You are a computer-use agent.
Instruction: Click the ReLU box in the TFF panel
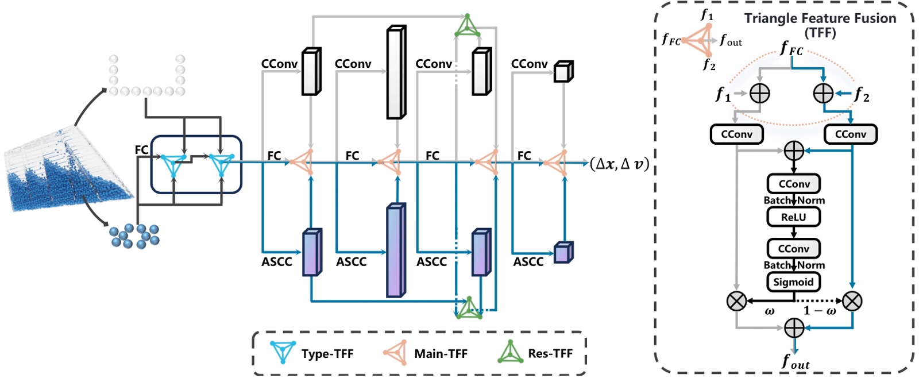pos(793,217)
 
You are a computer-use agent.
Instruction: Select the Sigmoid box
pos(793,282)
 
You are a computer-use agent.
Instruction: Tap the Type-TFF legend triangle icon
pos(283,352)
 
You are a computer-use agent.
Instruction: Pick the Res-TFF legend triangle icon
pos(510,352)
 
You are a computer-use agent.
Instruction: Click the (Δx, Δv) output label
pos(619,164)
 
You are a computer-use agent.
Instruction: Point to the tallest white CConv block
pos(396,72)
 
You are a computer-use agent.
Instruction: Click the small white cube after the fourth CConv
pos(563,72)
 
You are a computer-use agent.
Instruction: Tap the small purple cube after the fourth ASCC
pos(563,253)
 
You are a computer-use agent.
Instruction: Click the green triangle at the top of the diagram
pos(467,26)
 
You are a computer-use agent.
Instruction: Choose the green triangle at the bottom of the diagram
pos(469,308)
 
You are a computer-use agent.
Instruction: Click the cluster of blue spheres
pos(134,236)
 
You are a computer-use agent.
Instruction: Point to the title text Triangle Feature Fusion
pos(820,19)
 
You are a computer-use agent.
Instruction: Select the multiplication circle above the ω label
pos(737,300)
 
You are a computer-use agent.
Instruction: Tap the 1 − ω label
pos(819,311)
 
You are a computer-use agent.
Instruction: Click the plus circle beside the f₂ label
pos(823,93)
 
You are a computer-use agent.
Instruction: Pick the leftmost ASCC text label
pos(277,262)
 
